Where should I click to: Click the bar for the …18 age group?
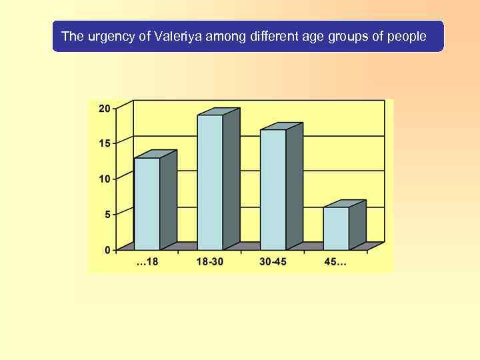tap(147, 203)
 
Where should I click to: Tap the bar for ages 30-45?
tap(273, 189)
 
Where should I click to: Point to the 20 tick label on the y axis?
tap(105, 108)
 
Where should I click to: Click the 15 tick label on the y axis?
tap(105, 143)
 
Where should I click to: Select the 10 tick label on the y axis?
tap(105, 179)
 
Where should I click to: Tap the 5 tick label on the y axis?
tap(107, 214)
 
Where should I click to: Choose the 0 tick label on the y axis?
tap(107, 250)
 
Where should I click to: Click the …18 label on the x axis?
tap(147, 262)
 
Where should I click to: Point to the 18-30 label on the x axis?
tap(210, 262)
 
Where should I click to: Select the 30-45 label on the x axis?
tap(273, 262)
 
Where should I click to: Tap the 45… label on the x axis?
tap(335, 262)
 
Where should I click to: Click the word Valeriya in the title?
tap(179, 36)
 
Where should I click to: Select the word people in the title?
tap(407, 36)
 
